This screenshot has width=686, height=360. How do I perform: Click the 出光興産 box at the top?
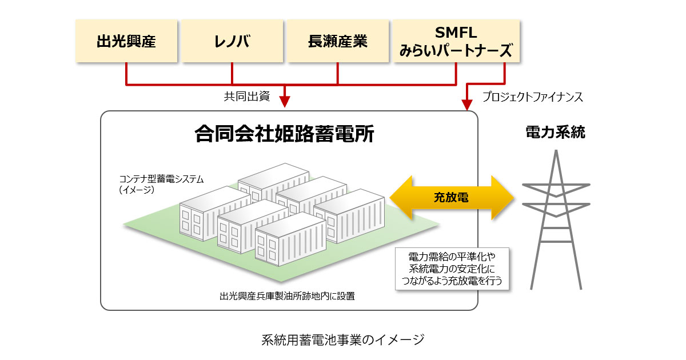(125, 41)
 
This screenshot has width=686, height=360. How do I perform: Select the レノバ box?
(232, 41)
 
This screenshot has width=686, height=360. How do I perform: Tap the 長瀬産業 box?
(337, 41)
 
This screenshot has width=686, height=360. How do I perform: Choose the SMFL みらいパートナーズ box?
(456, 41)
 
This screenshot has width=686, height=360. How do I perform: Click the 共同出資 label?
(247, 96)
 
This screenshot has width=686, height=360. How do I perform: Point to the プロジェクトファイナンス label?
(532, 97)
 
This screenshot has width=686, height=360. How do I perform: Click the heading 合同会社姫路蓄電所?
(284, 134)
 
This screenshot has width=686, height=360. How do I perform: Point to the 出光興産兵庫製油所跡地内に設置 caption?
(287, 296)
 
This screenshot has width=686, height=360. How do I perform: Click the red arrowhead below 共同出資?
(284, 102)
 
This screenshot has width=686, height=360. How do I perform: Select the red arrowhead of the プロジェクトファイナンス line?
(467, 105)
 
